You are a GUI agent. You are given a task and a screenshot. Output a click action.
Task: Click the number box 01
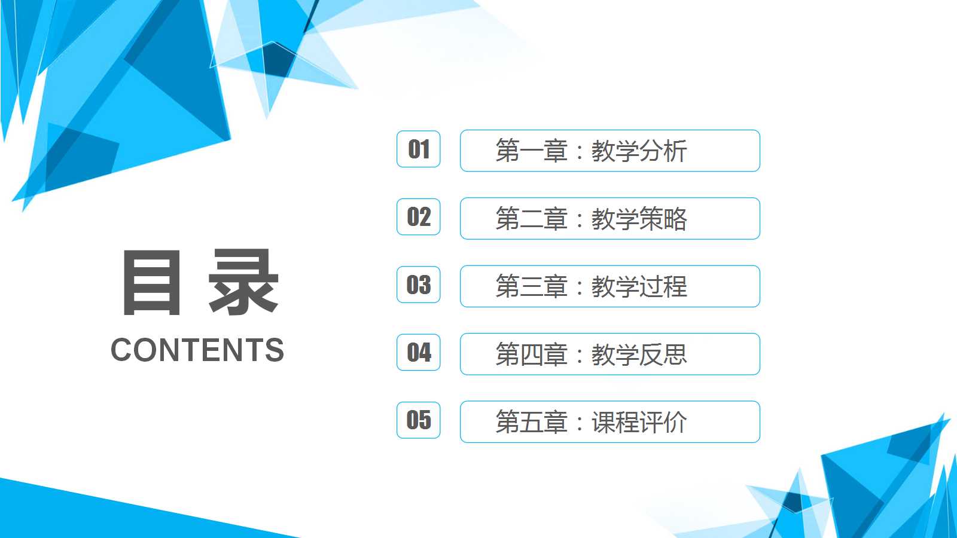pos(419,149)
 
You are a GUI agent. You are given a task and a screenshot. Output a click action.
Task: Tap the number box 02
pos(419,216)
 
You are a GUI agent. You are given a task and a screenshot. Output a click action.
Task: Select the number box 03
pos(419,285)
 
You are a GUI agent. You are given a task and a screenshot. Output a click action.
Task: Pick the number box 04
pos(419,352)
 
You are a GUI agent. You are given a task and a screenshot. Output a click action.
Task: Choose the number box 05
pos(419,420)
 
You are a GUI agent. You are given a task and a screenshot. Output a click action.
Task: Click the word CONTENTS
pos(197,350)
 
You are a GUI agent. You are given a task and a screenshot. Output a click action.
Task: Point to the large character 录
pos(243,283)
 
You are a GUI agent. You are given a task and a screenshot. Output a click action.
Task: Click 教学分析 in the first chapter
pos(639,151)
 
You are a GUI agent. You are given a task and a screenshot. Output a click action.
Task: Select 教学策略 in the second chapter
pos(639,219)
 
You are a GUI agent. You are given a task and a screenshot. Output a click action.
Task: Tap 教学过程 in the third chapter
pos(639,286)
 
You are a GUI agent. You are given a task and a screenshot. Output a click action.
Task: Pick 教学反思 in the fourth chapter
pos(639,354)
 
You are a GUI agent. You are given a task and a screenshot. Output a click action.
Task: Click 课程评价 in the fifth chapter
pos(639,422)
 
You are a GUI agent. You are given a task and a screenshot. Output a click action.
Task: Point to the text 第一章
pos(531,151)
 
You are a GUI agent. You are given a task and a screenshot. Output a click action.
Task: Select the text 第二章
pos(531,219)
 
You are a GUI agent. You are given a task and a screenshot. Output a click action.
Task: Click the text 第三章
pos(531,286)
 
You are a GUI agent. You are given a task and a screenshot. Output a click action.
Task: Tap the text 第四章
pos(531,354)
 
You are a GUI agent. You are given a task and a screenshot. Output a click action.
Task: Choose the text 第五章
pos(531,422)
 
